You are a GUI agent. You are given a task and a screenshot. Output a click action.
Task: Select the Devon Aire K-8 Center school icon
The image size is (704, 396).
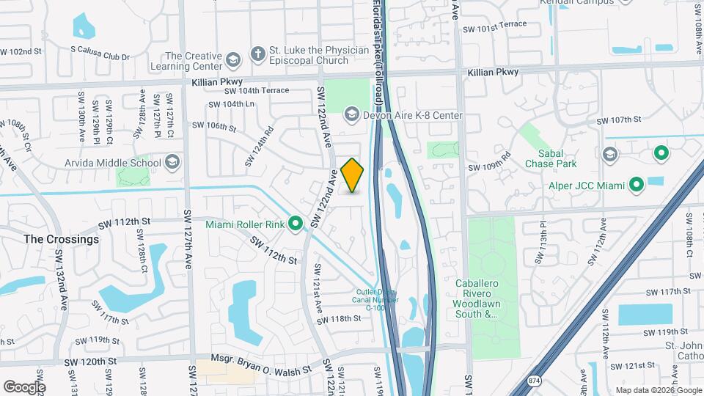click(351, 115)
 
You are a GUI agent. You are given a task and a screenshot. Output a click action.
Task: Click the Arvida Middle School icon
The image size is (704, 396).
click(172, 162)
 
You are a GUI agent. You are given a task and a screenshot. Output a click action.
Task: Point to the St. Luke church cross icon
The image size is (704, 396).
click(257, 54)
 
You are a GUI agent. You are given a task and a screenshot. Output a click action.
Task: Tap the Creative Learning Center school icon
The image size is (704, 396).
click(232, 59)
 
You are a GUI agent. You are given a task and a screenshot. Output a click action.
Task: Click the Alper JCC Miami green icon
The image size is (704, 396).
click(637, 185)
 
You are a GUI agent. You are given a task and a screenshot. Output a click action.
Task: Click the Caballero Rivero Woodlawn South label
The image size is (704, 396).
click(493, 298)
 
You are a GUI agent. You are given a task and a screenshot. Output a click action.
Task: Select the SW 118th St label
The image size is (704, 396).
click(340, 319)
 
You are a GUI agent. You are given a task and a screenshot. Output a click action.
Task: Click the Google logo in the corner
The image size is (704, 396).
click(24, 387)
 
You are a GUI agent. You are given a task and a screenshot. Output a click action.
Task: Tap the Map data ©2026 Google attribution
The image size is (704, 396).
click(657, 390)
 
